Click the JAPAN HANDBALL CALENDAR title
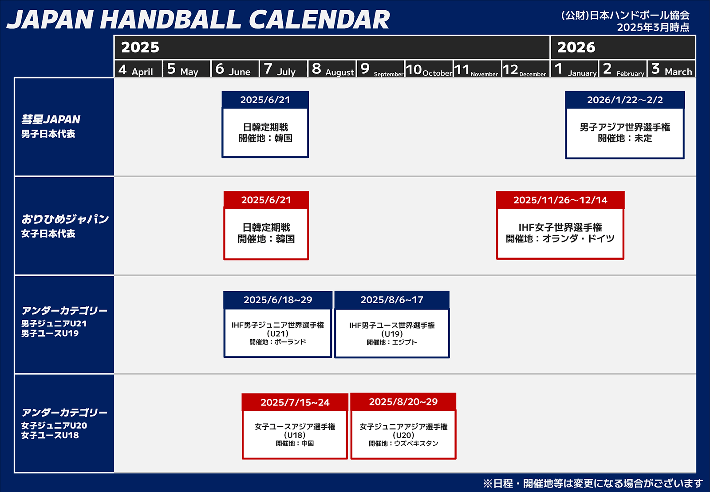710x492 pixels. [x=198, y=20]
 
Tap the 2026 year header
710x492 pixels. [x=576, y=47]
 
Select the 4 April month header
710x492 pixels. [x=136, y=69]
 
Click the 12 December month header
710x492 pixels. [x=525, y=69]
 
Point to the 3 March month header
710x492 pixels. [x=671, y=69]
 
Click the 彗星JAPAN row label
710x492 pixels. [x=51, y=119]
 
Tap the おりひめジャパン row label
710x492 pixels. [x=65, y=219]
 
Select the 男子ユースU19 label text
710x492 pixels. [x=50, y=333]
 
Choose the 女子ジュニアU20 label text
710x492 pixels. [x=54, y=425]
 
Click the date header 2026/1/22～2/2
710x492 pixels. [x=625, y=100]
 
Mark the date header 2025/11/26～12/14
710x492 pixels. [x=560, y=200]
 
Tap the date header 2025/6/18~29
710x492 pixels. [x=278, y=300]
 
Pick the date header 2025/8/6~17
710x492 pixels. [x=392, y=300]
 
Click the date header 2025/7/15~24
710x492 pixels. [x=295, y=402]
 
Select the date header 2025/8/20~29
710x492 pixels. [x=403, y=401]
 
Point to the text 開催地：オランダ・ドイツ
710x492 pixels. [x=560, y=238]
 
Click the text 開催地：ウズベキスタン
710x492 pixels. [x=403, y=444]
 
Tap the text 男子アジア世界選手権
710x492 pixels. [x=625, y=127]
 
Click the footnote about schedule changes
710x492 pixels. [x=593, y=484]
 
